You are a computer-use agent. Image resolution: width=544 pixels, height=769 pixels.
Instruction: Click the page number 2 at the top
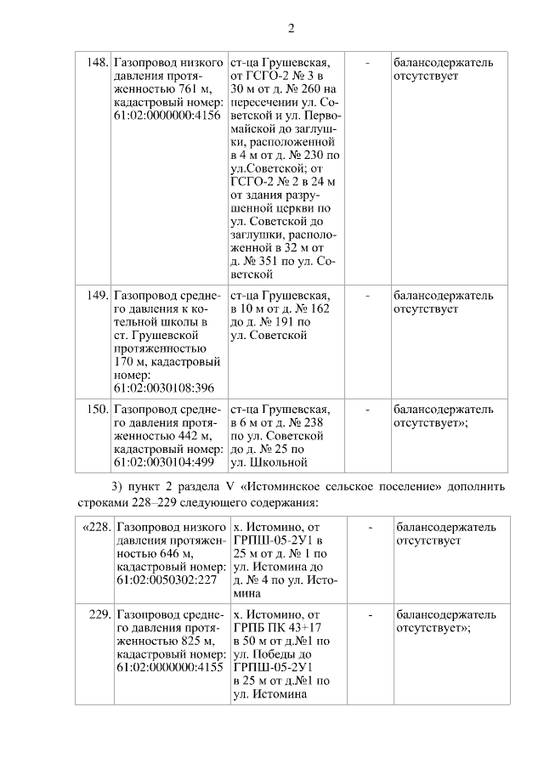tap(290, 28)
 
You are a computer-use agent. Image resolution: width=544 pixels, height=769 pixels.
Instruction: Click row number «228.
tap(96, 527)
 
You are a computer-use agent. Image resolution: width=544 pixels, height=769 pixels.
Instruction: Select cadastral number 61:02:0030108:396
tap(162, 387)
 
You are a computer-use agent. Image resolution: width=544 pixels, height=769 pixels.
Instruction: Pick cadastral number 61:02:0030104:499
tap(162, 462)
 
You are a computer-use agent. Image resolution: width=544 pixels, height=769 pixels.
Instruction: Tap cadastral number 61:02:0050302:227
tap(168, 580)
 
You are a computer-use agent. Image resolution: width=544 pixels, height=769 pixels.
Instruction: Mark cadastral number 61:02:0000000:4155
tap(168, 668)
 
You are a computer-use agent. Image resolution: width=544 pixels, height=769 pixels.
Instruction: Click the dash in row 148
tap(367, 63)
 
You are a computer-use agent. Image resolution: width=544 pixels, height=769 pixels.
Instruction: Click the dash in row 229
tap(371, 614)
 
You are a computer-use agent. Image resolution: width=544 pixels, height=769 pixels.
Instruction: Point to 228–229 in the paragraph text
tap(152, 501)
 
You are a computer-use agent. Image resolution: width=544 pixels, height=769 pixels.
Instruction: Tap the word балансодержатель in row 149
tap(442, 296)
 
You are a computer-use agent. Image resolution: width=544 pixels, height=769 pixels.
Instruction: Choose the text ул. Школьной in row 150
tap(268, 462)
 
